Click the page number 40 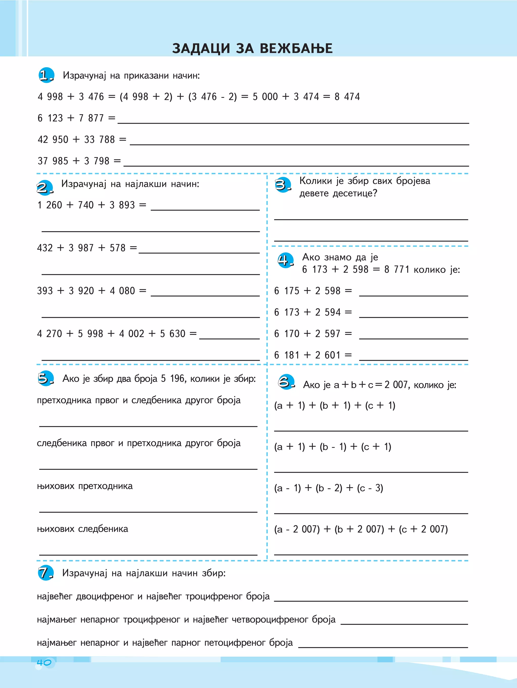click(44, 663)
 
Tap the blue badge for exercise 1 click(46, 75)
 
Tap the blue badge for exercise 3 click(283, 185)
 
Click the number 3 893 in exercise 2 click(122, 205)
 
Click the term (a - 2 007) click(297, 529)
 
